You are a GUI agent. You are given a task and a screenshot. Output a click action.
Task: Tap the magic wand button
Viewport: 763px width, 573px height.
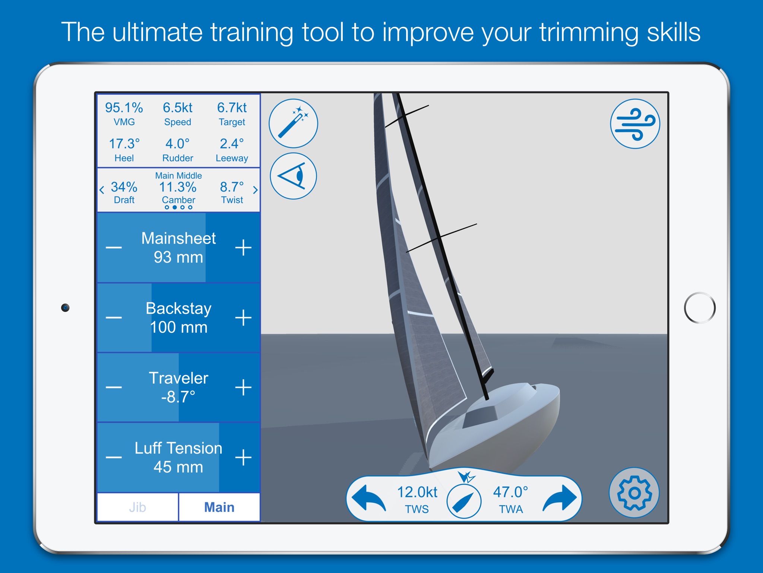click(x=294, y=123)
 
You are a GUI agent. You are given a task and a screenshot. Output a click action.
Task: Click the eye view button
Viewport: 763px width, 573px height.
click(x=294, y=176)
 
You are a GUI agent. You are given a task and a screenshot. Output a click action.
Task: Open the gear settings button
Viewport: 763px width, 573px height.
click(x=634, y=493)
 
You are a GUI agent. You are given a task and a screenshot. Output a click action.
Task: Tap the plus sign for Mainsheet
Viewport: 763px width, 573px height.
click(x=243, y=247)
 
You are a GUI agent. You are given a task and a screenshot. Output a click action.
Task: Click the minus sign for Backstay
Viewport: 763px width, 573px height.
click(x=114, y=317)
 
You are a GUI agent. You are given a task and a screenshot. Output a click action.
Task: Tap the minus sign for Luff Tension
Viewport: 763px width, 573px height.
click(x=114, y=457)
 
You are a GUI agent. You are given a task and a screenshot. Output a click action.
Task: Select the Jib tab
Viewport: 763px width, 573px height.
click(x=137, y=507)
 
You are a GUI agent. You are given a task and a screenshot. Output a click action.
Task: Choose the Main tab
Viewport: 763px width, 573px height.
click(x=219, y=507)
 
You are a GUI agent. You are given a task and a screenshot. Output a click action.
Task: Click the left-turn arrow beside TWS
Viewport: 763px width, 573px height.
click(x=369, y=498)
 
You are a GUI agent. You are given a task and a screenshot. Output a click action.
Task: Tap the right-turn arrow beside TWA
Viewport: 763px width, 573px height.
click(x=560, y=498)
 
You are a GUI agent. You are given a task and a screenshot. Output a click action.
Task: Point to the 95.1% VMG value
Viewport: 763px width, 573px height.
click(x=124, y=108)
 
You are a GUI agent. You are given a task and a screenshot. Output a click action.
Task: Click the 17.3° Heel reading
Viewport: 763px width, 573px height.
click(x=124, y=144)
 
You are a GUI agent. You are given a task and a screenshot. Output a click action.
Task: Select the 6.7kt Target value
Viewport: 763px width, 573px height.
click(x=232, y=108)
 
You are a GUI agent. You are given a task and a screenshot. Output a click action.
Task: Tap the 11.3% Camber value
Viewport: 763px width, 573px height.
click(x=178, y=187)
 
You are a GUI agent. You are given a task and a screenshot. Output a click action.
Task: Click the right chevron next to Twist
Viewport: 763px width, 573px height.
click(x=255, y=190)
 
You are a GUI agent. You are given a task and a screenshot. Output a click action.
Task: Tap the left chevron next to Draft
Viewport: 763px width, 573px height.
click(x=102, y=190)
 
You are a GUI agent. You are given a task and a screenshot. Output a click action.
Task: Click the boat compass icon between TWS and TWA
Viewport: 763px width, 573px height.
click(x=464, y=501)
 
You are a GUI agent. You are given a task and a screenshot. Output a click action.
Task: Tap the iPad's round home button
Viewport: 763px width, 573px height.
click(x=700, y=308)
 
